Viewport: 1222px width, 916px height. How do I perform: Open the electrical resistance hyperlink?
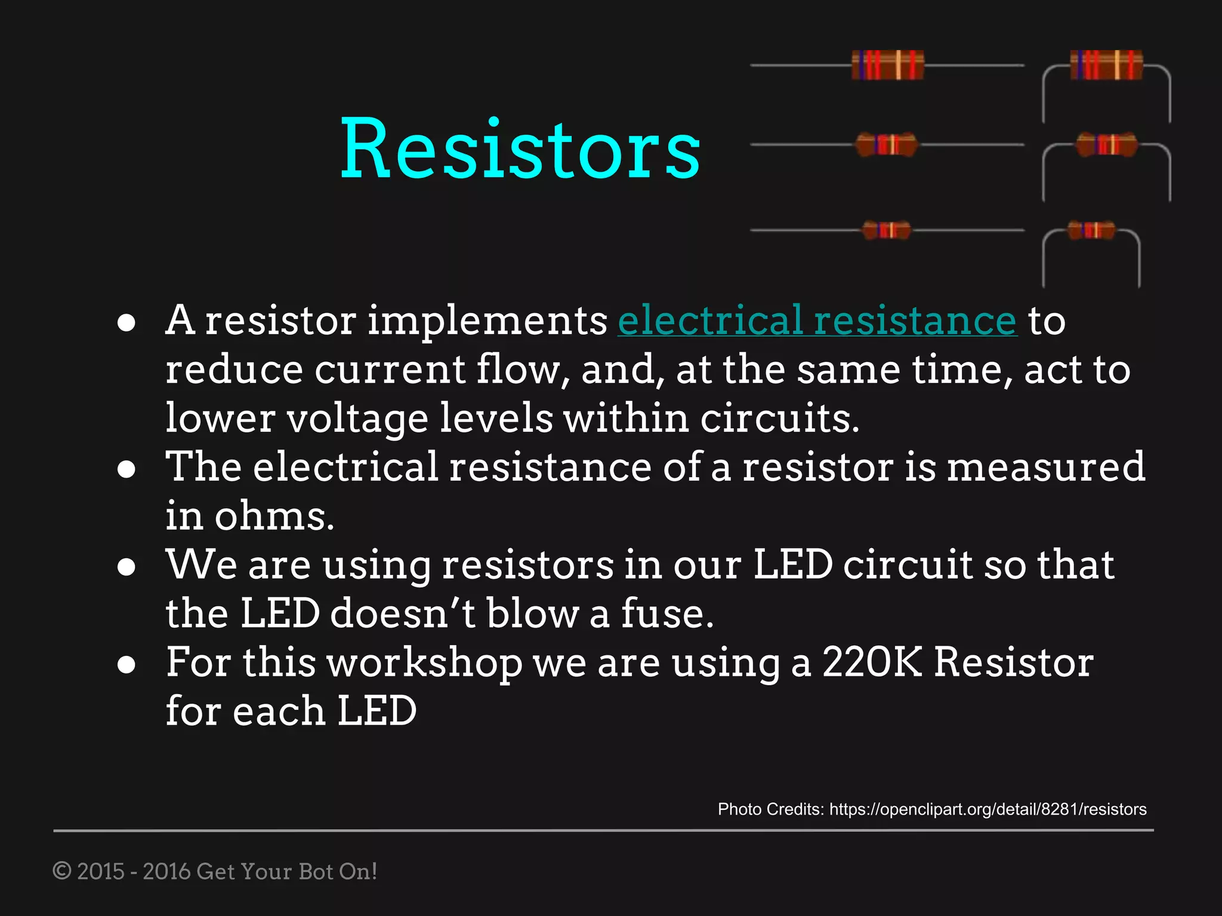[x=817, y=321]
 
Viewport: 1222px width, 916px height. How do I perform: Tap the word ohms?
[x=274, y=516]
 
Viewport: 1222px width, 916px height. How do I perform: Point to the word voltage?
[x=357, y=418]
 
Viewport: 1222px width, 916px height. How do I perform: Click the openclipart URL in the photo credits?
[x=988, y=809]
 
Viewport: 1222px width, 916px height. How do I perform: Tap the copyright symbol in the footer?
[x=62, y=871]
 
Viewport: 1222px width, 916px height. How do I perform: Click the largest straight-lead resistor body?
[x=888, y=65]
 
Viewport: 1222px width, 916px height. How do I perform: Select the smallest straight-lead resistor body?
[x=887, y=230]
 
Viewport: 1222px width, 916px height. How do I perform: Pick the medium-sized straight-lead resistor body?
[x=887, y=144]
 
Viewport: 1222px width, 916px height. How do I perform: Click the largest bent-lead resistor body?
[x=1106, y=65]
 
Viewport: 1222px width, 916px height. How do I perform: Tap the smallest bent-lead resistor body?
[x=1091, y=230]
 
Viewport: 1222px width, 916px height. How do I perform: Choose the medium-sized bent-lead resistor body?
[x=1107, y=144]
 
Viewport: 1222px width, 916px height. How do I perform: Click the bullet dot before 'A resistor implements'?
[x=126, y=323]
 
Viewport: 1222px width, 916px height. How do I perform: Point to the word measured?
[x=1045, y=467]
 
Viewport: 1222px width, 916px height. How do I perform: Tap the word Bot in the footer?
[x=316, y=871]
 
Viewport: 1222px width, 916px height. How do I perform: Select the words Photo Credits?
[x=770, y=809]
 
